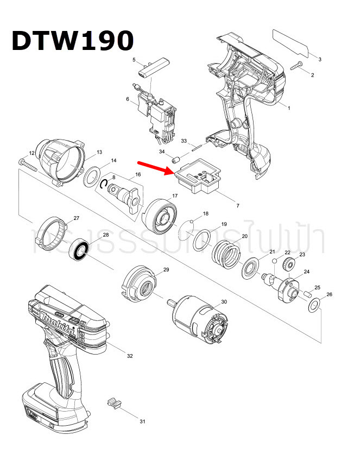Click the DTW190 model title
click(x=72, y=40)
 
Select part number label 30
click(x=223, y=302)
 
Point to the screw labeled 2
click(x=297, y=67)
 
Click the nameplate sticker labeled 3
click(x=290, y=43)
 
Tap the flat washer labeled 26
click(x=314, y=308)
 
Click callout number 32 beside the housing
click(x=129, y=356)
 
